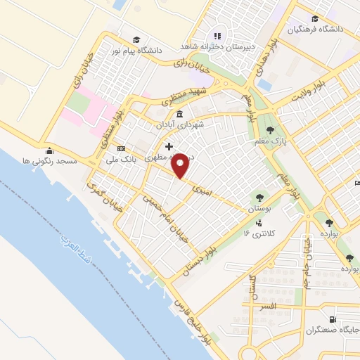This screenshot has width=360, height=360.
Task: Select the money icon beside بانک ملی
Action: (x=122, y=148)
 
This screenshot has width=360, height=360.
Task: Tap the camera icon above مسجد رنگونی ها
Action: (x=49, y=150)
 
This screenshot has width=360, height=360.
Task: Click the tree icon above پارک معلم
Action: (x=271, y=129)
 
